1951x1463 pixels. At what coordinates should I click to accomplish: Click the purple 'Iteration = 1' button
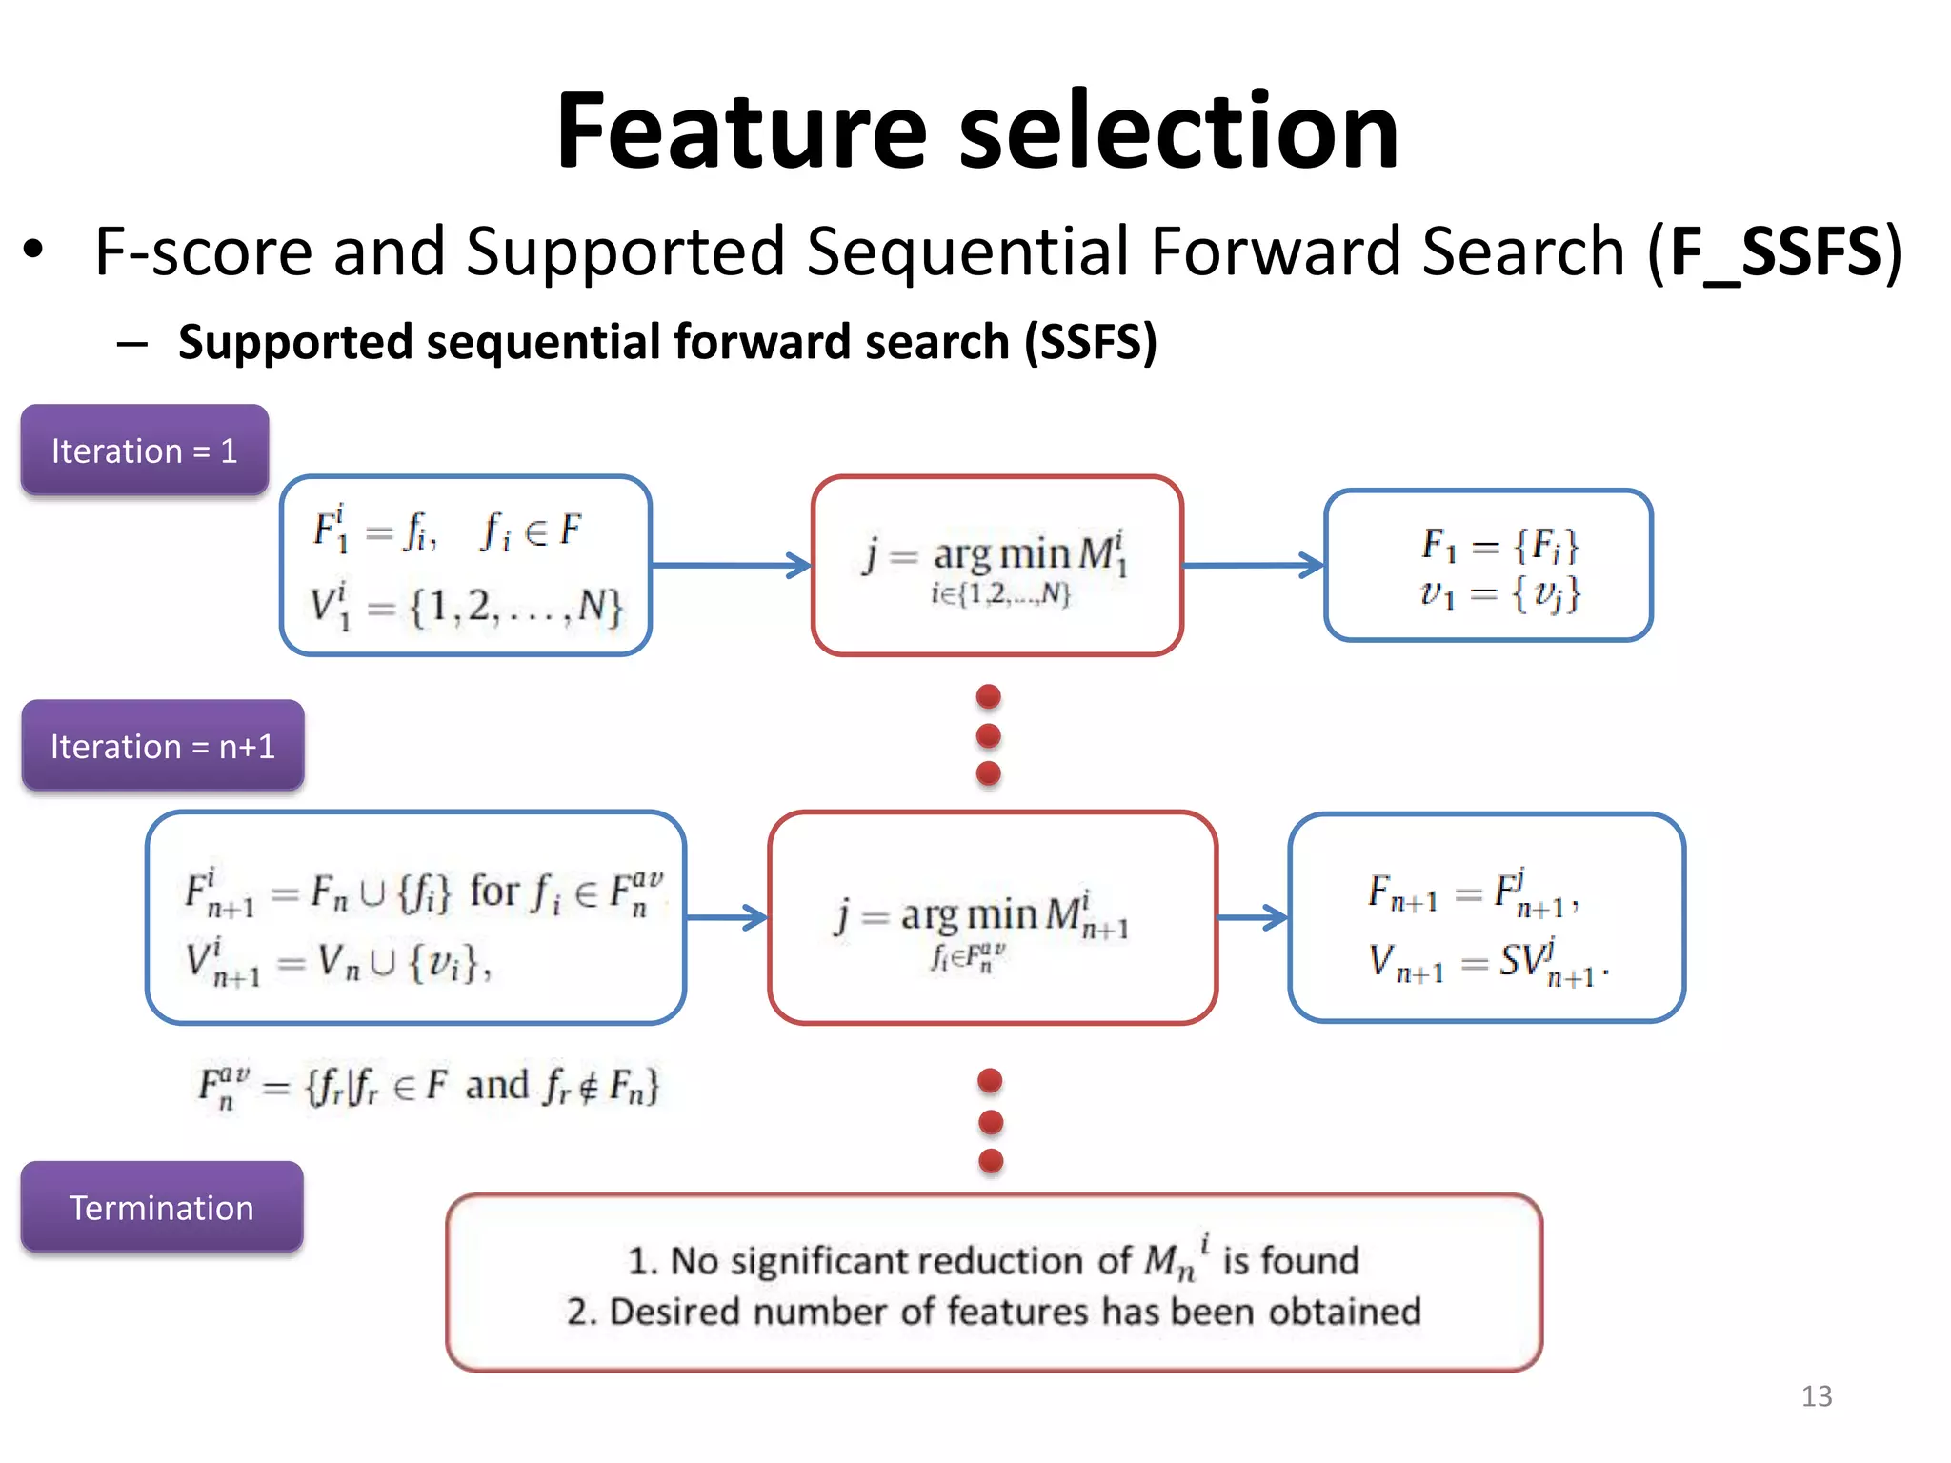coord(145,450)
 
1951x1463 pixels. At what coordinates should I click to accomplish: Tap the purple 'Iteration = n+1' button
coord(163,746)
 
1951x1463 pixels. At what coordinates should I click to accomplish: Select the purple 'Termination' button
coord(162,1207)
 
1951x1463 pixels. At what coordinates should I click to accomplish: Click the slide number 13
coord(1816,1395)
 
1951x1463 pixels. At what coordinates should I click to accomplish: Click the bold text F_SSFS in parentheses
coord(1775,251)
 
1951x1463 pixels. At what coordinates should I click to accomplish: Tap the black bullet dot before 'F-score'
coord(34,251)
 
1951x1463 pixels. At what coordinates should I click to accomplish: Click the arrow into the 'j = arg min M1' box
coord(731,565)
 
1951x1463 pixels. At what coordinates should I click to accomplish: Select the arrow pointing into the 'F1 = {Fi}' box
coord(1253,565)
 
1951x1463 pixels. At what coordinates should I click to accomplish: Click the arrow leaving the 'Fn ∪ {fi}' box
coord(726,917)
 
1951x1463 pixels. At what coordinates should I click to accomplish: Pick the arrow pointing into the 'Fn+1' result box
coord(1253,917)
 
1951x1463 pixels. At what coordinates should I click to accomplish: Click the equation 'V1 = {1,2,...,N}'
coord(466,607)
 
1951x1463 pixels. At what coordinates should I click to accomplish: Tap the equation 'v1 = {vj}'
coord(1500,594)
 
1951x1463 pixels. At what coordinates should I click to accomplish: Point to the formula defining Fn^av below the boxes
coord(428,1087)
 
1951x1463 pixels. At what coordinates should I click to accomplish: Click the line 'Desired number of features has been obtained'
coord(994,1312)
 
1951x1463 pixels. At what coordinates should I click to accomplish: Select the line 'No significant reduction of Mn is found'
coord(994,1260)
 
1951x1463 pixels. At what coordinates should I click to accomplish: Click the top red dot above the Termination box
coord(991,1080)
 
